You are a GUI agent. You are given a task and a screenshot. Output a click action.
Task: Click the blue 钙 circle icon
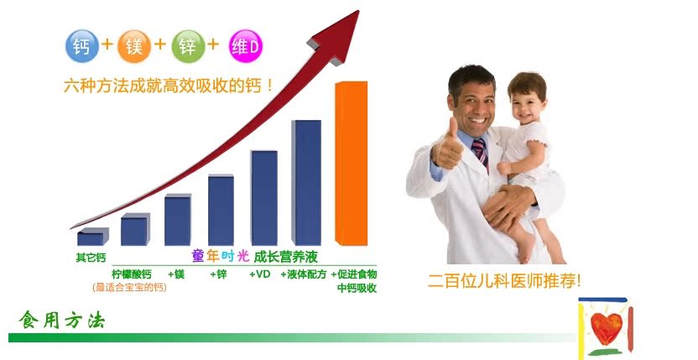click(82, 46)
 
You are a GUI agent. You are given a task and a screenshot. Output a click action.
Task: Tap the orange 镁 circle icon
click(134, 46)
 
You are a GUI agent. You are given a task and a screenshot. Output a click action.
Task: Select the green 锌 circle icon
click(188, 46)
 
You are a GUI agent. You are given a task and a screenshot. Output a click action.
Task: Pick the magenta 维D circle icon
click(245, 46)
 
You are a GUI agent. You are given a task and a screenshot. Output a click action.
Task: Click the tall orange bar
click(352, 164)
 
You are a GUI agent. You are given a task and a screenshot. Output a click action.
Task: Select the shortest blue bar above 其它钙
click(92, 237)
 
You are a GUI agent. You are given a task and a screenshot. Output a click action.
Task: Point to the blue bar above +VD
click(263, 198)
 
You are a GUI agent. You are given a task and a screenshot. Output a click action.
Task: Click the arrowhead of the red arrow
click(337, 37)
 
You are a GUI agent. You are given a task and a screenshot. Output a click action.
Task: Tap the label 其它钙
click(91, 258)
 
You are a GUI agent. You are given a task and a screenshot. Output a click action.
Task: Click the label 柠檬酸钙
click(132, 274)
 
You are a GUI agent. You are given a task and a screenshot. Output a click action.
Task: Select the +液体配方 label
click(303, 274)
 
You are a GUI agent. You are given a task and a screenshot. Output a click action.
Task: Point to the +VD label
click(260, 274)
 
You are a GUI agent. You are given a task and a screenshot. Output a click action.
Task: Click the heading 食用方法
click(62, 320)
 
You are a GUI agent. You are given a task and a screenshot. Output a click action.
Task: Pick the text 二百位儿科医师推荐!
click(504, 280)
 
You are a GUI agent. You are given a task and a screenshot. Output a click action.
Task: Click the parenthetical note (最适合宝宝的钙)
click(129, 287)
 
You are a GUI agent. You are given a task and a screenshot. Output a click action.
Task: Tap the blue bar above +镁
click(178, 220)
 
